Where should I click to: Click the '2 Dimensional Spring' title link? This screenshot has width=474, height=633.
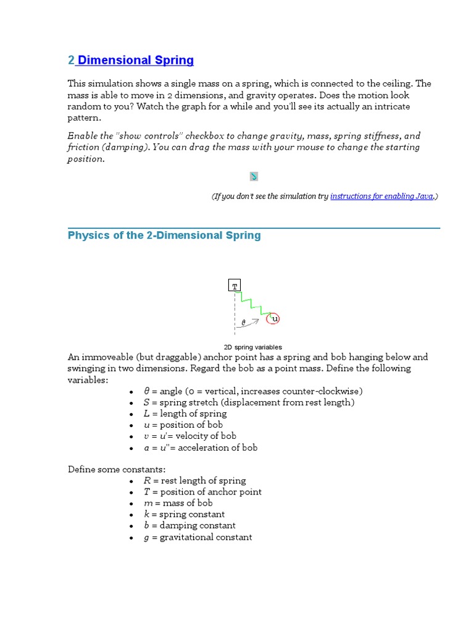click(x=131, y=61)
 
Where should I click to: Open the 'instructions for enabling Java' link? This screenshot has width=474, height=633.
click(x=381, y=196)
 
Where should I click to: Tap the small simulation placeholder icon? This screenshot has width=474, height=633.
click(x=254, y=177)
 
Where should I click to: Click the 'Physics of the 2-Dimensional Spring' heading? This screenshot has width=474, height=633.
click(x=164, y=236)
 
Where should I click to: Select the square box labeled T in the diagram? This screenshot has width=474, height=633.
click(x=235, y=285)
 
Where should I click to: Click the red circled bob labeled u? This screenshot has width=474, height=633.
click(x=273, y=319)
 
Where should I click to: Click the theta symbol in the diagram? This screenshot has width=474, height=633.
click(x=243, y=322)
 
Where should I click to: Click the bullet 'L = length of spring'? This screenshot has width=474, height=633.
click(x=185, y=414)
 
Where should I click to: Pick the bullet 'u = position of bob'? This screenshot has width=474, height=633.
click(x=183, y=425)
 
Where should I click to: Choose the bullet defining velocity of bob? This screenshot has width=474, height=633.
click(x=190, y=436)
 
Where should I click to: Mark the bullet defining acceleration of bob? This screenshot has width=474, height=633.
click(x=201, y=448)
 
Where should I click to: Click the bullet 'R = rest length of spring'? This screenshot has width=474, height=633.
click(x=195, y=480)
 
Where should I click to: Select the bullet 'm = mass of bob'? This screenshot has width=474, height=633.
click(x=178, y=503)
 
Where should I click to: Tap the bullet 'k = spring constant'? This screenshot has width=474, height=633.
click(x=185, y=514)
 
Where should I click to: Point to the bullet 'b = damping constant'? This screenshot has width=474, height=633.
click(x=189, y=525)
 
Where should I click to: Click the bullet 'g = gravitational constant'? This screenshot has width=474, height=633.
click(x=198, y=537)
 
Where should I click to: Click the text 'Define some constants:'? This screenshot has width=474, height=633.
click(x=117, y=469)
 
